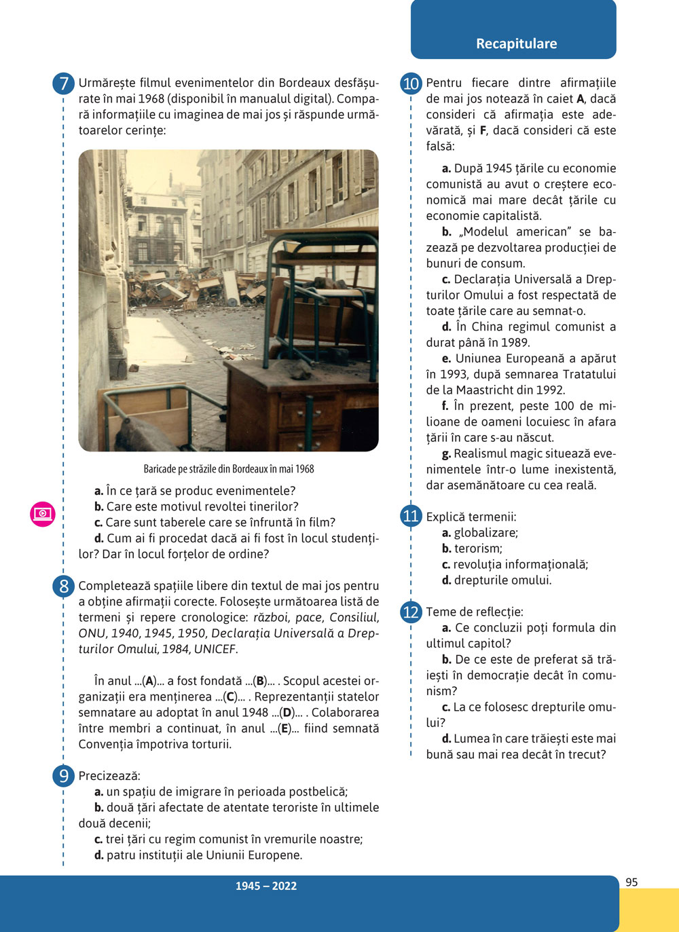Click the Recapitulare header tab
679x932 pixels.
click(516, 43)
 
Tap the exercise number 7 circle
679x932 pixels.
click(63, 84)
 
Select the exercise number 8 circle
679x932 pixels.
click(63, 586)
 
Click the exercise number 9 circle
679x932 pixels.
click(63, 776)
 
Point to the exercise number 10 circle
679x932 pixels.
click(411, 84)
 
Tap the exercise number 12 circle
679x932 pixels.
click(411, 612)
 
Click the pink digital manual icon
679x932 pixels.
click(42, 514)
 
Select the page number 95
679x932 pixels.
click(631, 882)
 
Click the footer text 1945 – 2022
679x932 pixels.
click(266, 886)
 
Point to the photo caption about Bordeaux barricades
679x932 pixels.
click(229, 469)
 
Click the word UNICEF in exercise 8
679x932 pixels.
click(215, 649)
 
